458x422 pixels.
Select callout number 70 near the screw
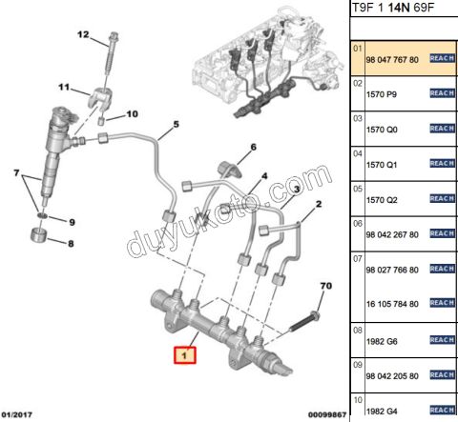324,286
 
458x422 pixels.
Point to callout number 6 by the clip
254,148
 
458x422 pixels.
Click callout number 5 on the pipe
176,125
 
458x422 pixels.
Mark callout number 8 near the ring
70,243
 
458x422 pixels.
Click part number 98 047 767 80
392,59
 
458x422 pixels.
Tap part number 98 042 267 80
392,234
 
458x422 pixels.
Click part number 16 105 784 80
392,304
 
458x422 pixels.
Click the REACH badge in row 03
441,129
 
